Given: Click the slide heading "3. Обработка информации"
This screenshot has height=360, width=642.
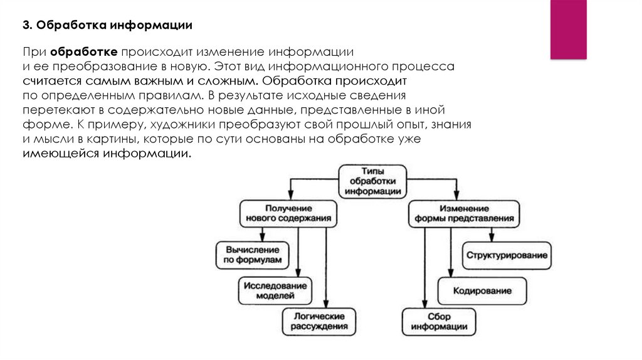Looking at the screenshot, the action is click(107, 25).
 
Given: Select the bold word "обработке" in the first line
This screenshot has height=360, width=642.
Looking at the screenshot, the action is click(84, 52).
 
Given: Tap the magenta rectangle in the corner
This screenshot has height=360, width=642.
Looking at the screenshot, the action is click(568, 29).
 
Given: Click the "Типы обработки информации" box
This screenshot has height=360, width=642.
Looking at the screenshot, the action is click(372, 181).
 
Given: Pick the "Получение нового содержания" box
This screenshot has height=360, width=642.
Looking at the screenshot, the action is click(288, 213).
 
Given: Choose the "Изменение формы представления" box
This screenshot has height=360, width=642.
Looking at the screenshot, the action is click(464, 213).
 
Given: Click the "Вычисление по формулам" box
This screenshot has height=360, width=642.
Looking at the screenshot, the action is click(252, 255).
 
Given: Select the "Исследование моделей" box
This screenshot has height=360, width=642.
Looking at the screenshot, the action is click(275, 291).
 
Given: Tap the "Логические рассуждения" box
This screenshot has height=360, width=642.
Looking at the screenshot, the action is click(319, 322).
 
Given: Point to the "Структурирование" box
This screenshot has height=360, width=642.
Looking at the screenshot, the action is click(507, 255).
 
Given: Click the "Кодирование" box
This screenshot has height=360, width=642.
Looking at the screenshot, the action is click(482, 291).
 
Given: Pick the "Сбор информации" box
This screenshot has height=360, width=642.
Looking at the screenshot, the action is click(439, 322).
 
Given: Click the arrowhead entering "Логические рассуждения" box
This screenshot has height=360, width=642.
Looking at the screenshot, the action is click(326, 304).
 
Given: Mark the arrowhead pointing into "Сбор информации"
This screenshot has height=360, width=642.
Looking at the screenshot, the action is click(424, 304).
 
